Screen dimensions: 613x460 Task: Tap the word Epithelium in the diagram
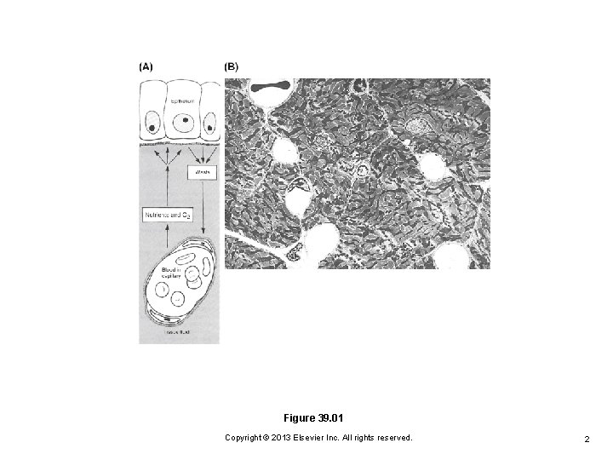180,100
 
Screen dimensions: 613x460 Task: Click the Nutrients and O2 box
168,217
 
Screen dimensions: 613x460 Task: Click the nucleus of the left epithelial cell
151,128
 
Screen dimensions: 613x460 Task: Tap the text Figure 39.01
318,418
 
